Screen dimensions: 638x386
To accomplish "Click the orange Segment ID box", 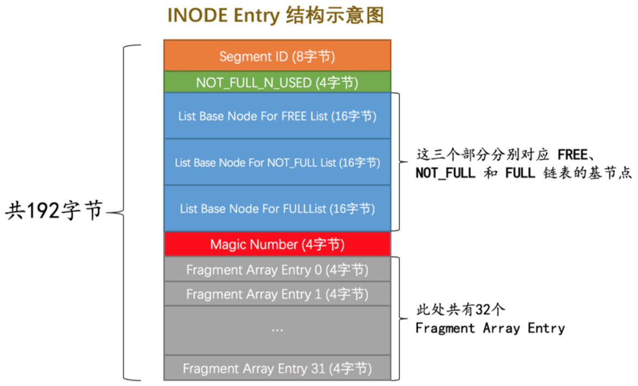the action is click(277, 56).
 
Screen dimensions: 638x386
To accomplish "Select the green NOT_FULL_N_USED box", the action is click(277, 82).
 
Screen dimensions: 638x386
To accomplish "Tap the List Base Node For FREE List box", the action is click(277, 116).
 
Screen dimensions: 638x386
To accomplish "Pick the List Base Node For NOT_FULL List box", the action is click(277, 162).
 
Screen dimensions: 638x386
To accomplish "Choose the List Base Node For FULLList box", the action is click(277, 208).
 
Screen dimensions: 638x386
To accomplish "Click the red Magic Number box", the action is click(277, 244).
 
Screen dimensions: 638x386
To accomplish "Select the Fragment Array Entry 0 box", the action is click(277, 270).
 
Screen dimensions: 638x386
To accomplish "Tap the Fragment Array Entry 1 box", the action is click(277, 294).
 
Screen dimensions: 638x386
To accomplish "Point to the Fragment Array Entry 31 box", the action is click(277, 369).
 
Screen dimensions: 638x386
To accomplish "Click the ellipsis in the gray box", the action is click(277, 329).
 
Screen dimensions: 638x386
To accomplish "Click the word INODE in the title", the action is click(196, 15).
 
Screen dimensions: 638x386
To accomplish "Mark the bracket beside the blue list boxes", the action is click(401, 161).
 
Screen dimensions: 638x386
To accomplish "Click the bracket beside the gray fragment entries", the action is click(401, 318).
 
